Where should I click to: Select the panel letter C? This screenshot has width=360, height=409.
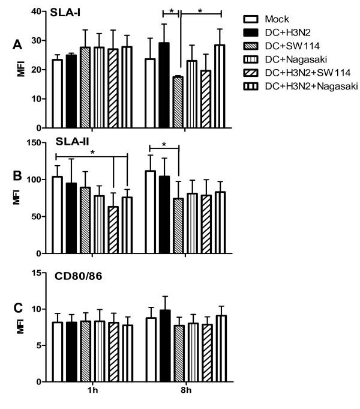[19, 308]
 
